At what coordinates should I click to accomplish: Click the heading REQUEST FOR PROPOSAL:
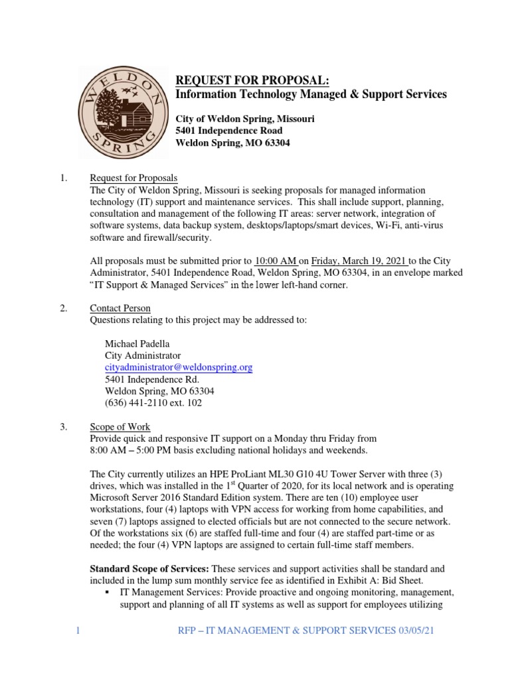pos(252,80)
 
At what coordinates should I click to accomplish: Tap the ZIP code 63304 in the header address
pos(276,143)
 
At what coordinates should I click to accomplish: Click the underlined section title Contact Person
pos(120,308)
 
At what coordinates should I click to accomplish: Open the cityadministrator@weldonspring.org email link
pos(179,367)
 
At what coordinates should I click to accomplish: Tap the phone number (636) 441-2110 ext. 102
pos(153,402)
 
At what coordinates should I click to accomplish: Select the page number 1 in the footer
pos(78,631)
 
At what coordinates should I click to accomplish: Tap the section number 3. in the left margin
pos(64,426)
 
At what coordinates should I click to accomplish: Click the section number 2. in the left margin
pos(64,308)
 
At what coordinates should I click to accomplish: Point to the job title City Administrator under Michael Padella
pos(143,355)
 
